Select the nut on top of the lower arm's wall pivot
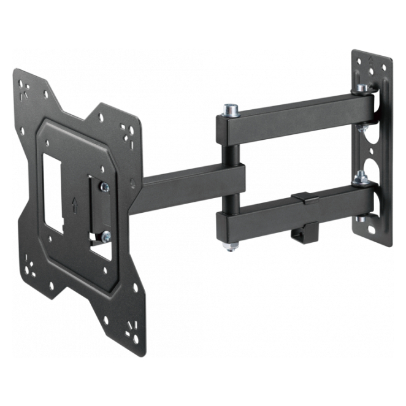361,178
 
